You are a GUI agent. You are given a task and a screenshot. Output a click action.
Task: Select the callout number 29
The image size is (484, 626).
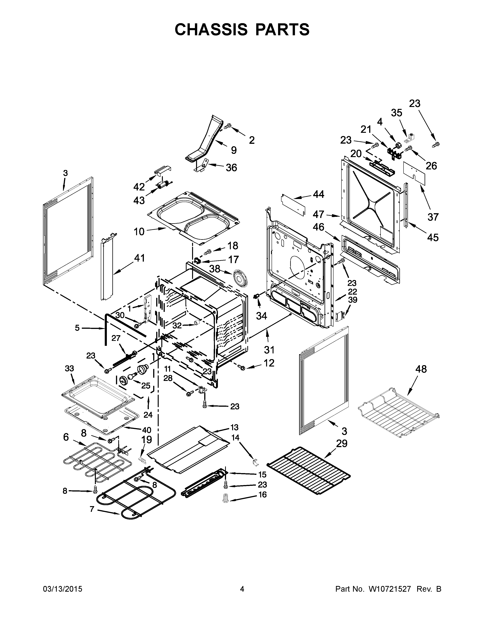(x=341, y=444)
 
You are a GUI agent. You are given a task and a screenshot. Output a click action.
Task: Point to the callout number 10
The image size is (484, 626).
(x=139, y=231)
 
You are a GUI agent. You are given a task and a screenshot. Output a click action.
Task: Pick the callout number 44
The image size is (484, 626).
(x=318, y=194)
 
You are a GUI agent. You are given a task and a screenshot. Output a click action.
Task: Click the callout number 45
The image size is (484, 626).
(x=433, y=237)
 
